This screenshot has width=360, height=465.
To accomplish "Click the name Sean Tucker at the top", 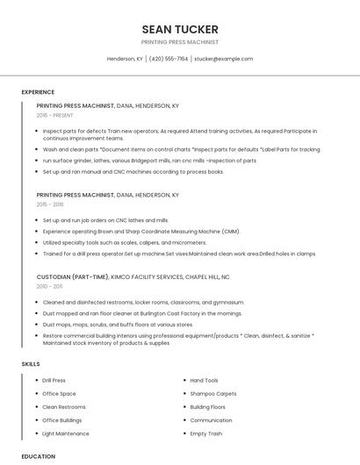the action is [x=180, y=29].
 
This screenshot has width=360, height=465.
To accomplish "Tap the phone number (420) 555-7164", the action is [x=169, y=59].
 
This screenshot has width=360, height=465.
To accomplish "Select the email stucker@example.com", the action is [x=223, y=59].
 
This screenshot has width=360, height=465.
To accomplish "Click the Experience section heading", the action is [x=38, y=92].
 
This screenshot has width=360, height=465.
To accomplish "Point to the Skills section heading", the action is [x=31, y=363].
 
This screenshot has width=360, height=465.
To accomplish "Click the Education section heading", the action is [x=38, y=456].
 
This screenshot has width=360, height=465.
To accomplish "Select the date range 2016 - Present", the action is [x=56, y=115].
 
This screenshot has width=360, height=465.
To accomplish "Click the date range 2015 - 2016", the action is [x=51, y=204].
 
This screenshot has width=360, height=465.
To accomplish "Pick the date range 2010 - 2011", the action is [x=50, y=286].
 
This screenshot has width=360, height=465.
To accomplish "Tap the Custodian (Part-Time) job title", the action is [x=73, y=276].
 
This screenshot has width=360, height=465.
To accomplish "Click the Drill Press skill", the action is [x=54, y=381].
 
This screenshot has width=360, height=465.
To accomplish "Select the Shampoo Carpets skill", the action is [x=213, y=394].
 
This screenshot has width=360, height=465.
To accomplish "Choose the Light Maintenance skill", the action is [x=66, y=433].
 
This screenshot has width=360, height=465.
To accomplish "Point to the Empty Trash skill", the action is [x=206, y=433].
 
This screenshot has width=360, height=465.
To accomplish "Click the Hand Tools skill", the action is [x=205, y=381].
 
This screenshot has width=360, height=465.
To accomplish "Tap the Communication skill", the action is [x=212, y=420].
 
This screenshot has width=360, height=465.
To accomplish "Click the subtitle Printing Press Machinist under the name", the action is [x=180, y=42].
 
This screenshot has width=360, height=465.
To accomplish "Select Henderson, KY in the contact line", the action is [x=125, y=59].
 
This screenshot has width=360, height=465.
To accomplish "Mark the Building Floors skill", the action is [x=208, y=407].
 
